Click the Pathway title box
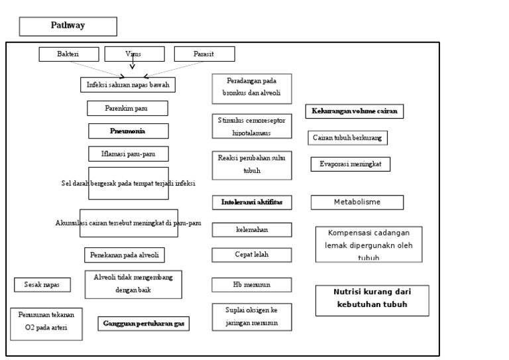pos(68,26)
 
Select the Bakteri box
pos(69,54)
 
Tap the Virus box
pos(133,54)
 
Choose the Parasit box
pos(204,54)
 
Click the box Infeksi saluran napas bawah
pos(131,85)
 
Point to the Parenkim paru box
pos(128,108)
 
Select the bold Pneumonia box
pos(128,131)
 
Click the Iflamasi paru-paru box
pos(128,153)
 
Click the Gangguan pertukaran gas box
pos(144,324)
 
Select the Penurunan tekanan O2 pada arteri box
pos(46,324)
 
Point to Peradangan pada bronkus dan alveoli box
pos(251,88)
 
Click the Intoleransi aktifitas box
pos(251,202)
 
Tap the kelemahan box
pos(251,229)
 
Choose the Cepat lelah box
pos(251,255)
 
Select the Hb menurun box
pos(251,284)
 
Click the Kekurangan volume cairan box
pos(355,111)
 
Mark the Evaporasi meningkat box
pos(351,164)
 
